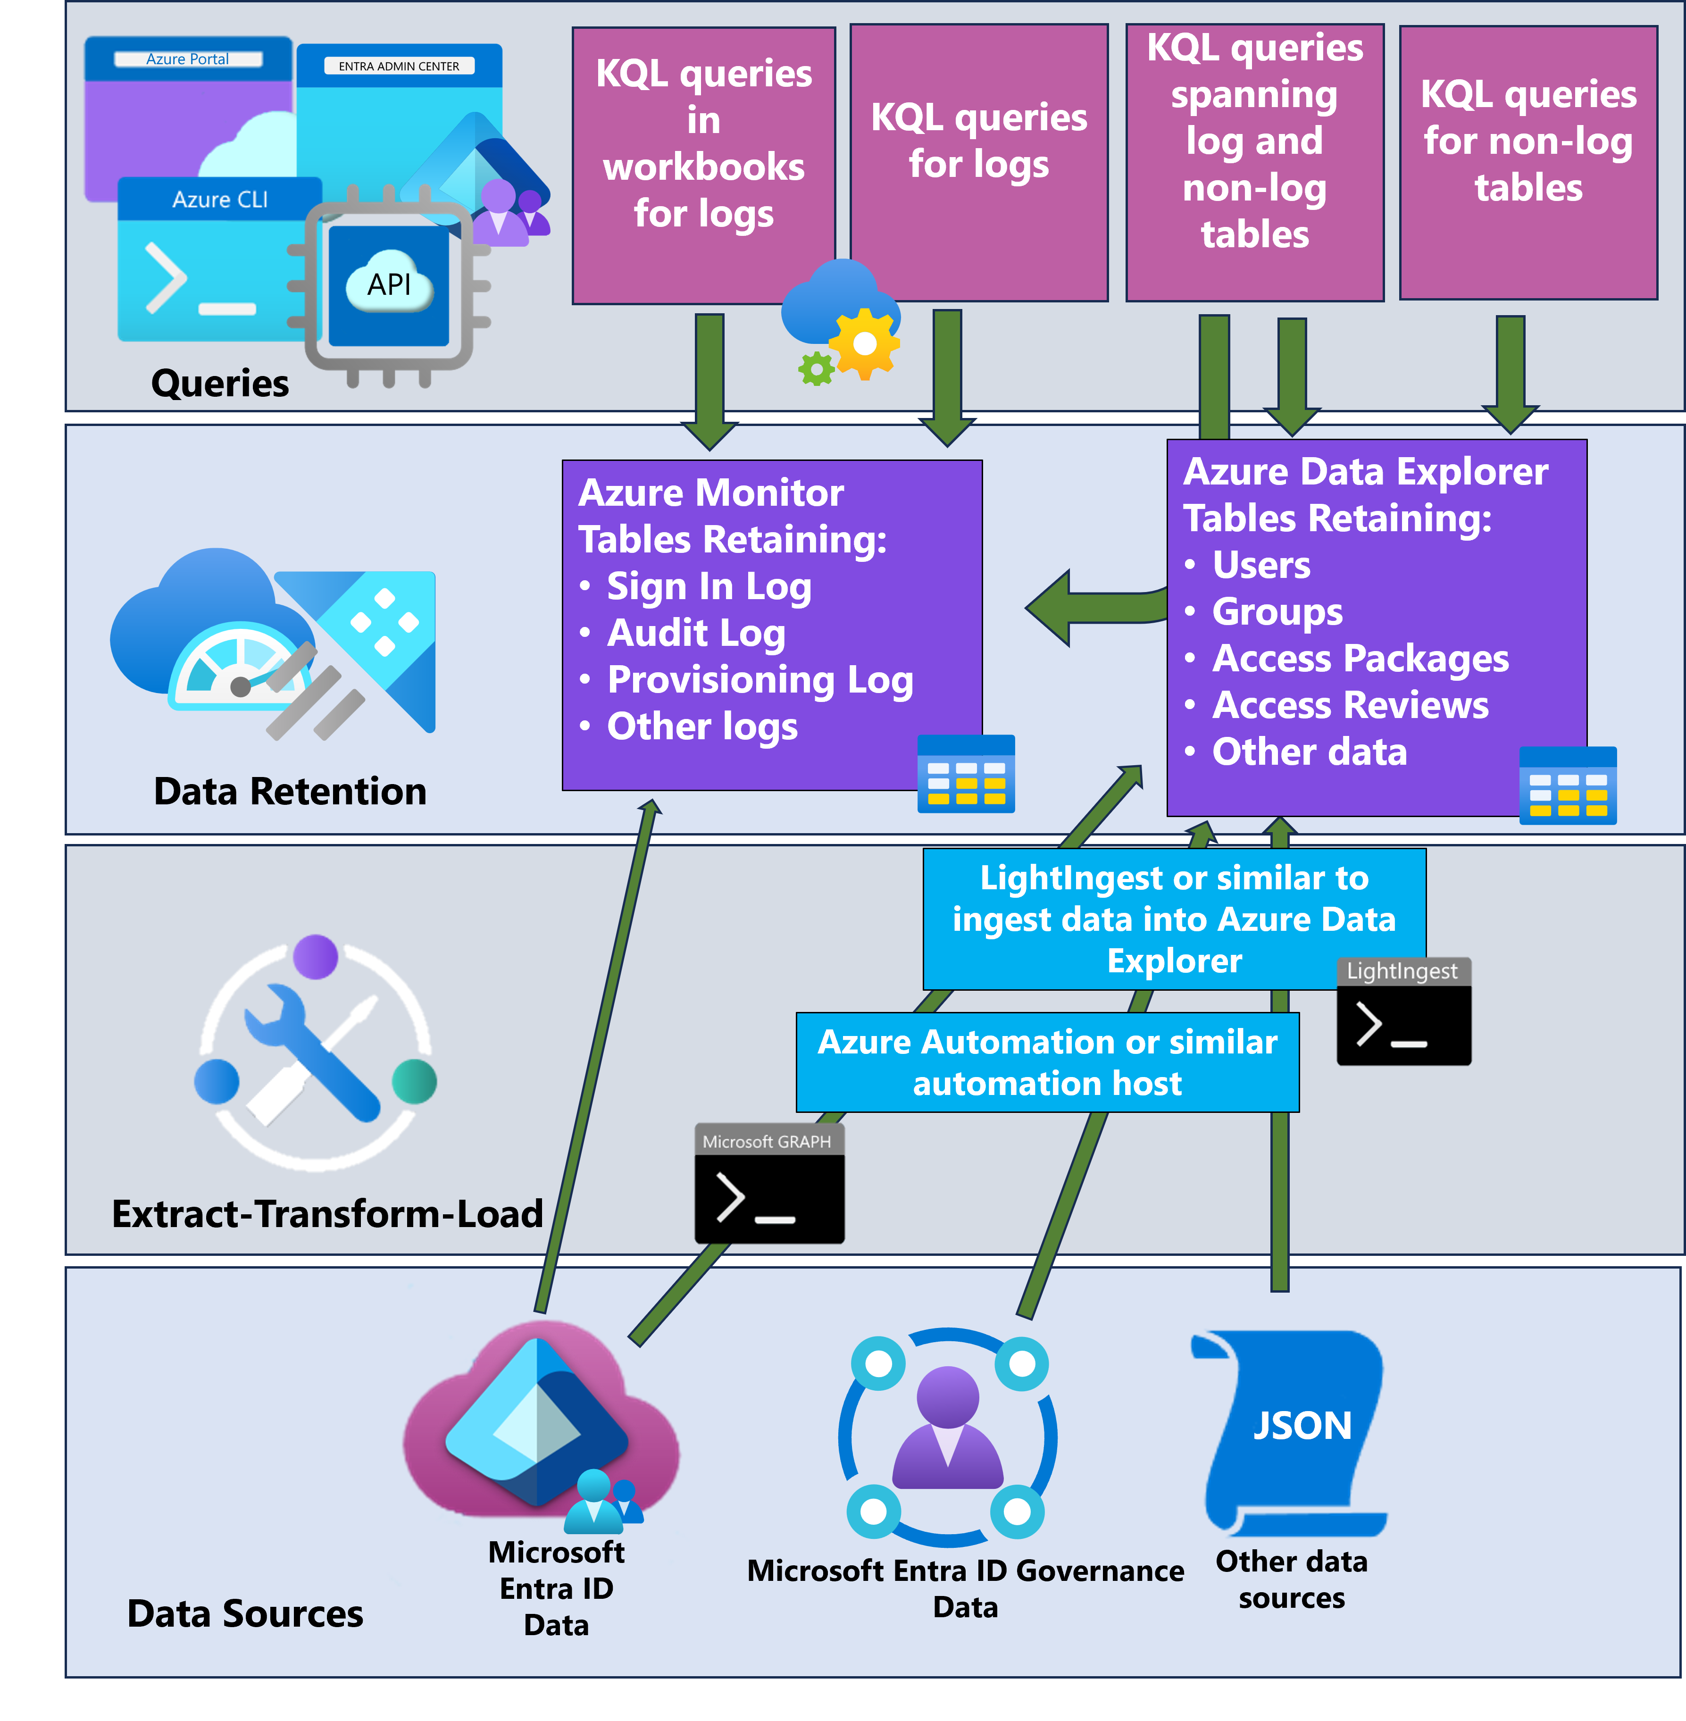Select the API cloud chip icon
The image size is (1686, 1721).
[389, 286]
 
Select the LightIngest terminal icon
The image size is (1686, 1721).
[1403, 1011]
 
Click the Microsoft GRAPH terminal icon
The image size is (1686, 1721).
[768, 1183]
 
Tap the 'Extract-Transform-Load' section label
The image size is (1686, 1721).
[327, 1213]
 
